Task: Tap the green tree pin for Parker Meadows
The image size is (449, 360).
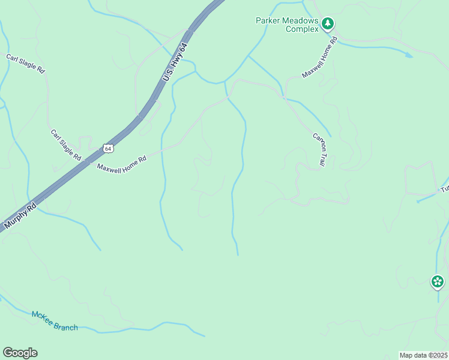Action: [x=327, y=24]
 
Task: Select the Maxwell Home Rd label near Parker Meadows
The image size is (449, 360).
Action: [x=321, y=58]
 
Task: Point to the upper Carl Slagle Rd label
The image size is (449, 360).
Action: [x=26, y=64]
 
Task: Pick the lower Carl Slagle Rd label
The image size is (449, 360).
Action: [x=66, y=145]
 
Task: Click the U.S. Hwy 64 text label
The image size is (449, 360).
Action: [x=175, y=62]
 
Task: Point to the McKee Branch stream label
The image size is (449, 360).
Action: [x=55, y=321]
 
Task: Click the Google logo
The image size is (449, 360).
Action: [x=20, y=353]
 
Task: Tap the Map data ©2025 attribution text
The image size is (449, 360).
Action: [x=423, y=355]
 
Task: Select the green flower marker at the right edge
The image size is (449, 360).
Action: [x=438, y=281]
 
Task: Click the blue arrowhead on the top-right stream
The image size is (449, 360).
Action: [x=409, y=55]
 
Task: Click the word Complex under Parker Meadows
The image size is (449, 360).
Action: [x=301, y=29]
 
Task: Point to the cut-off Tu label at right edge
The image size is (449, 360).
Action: [x=445, y=188]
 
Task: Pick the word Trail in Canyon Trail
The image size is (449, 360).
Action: [x=322, y=158]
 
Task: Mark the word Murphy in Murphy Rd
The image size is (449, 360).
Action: [x=15, y=221]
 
